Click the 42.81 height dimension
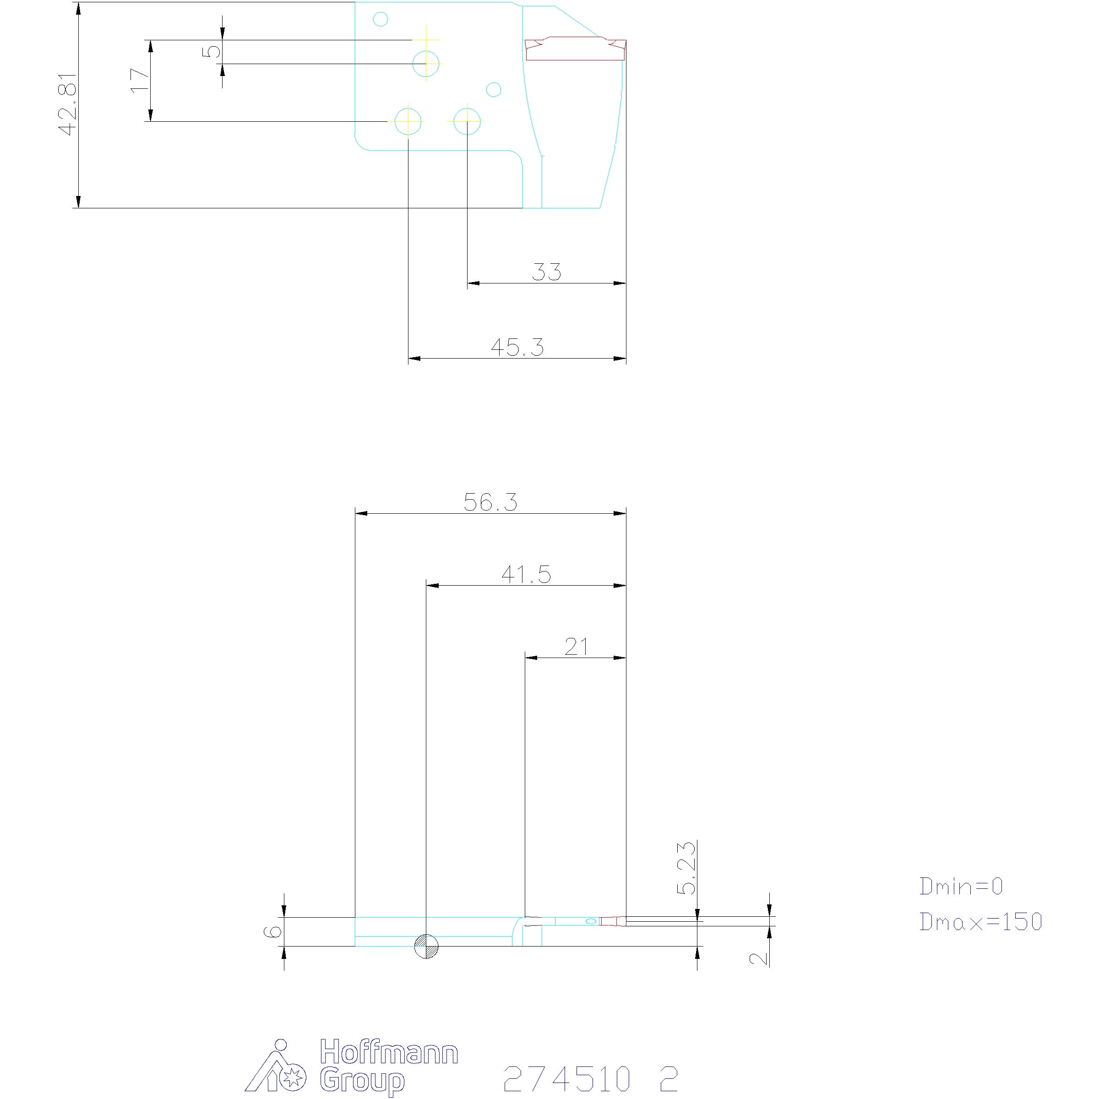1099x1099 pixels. [68, 104]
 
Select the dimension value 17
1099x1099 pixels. [140, 80]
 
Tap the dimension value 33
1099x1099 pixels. [546, 272]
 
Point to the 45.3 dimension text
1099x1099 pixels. [517, 347]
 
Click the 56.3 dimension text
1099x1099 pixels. [490, 502]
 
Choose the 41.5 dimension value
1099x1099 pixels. [526, 575]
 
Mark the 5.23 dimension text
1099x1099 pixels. [686, 868]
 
